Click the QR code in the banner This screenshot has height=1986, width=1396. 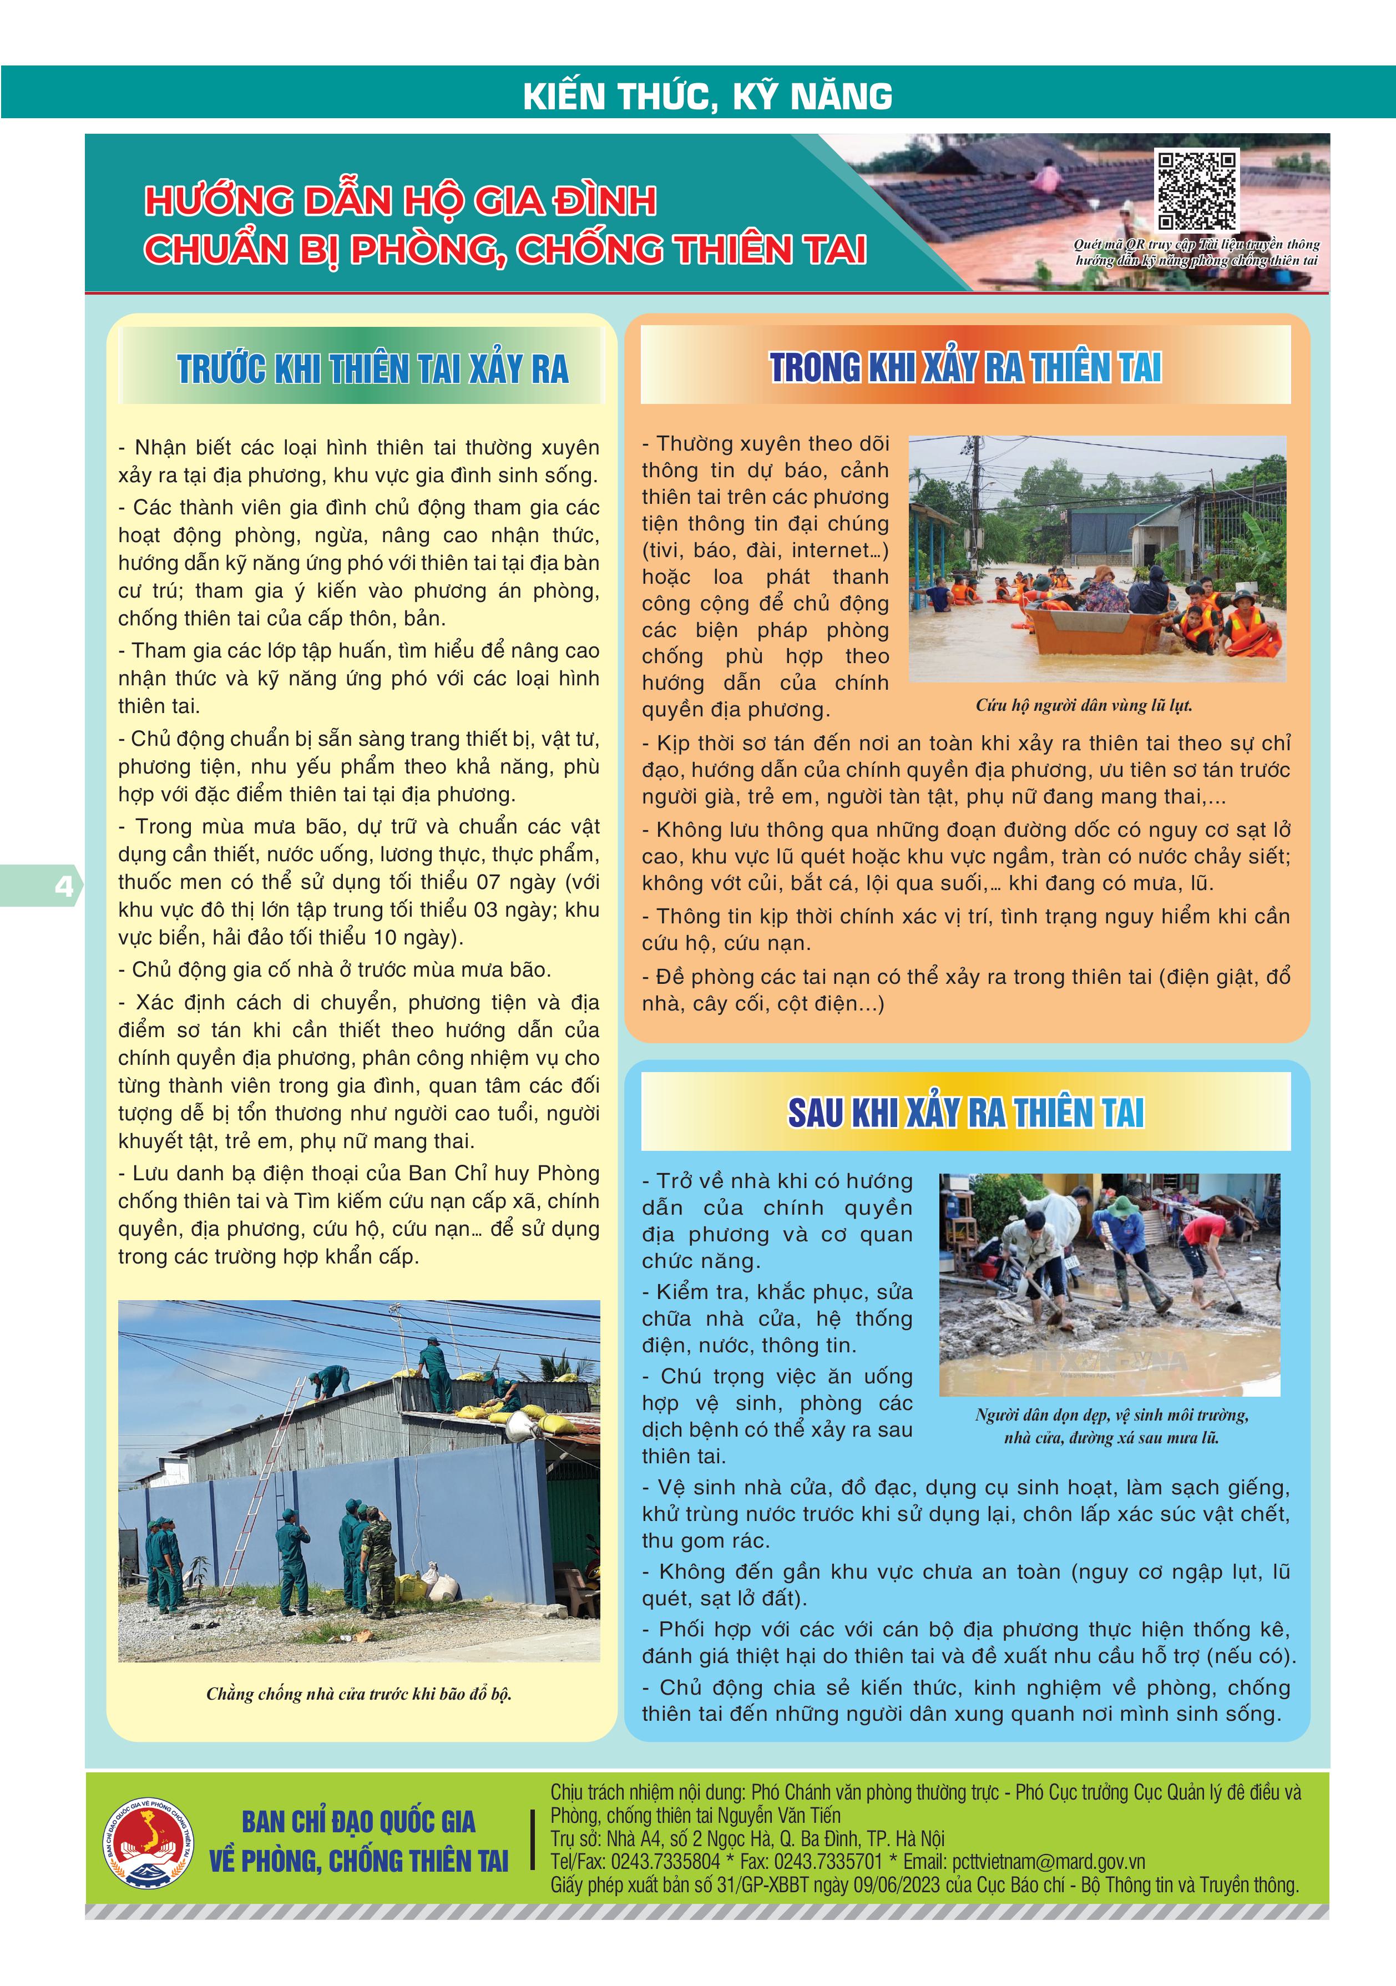click(1197, 190)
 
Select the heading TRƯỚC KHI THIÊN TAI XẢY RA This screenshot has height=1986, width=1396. click(373, 370)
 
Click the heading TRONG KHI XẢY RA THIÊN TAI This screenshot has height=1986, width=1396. click(965, 367)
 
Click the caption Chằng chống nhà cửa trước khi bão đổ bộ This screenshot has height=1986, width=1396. click(359, 1694)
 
